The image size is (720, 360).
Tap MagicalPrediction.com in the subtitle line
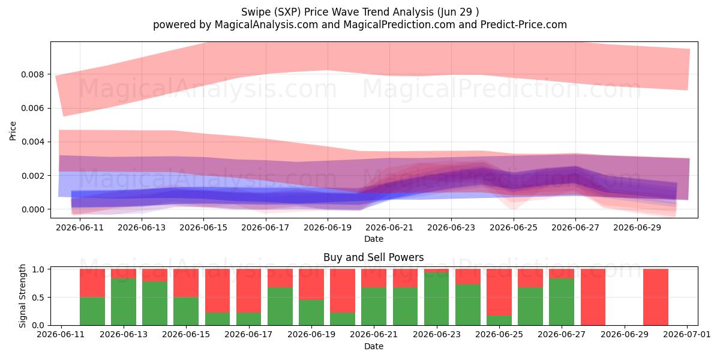pyautogui.click(x=399, y=25)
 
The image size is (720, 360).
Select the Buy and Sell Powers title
pyautogui.click(x=373, y=257)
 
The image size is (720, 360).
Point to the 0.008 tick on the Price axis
pyautogui.click(x=32, y=74)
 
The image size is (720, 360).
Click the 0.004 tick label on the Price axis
pyautogui.click(x=32, y=142)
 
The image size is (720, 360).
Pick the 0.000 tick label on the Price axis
pyautogui.click(x=32, y=209)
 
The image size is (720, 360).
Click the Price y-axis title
pyautogui.click(x=13, y=131)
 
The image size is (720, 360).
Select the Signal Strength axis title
pyautogui.click(x=22, y=296)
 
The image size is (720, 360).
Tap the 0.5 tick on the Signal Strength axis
pyautogui.click(x=38, y=298)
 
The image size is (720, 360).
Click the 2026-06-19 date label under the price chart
pyautogui.click(x=328, y=227)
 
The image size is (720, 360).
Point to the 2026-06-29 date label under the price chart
pyautogui.click(x=637, y=227)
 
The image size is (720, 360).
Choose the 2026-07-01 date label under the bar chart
pyautogui.click(x=687, y=334)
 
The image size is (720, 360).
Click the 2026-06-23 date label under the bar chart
pyautogui.click(x=437, y=334)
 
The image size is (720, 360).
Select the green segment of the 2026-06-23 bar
pyautogui.click(x=437, y=299)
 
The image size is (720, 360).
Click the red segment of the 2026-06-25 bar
pyautogui.click(x=499, y=292)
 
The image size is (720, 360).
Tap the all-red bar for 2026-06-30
pyautogui.click(x=656, y=297)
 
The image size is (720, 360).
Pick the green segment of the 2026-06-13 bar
pyautogui.click(x=124, y=302)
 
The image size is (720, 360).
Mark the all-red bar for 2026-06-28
pyautogui.click(x=593, y=297)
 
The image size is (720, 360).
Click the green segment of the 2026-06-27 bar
pyautogui.click(x=562, y=302)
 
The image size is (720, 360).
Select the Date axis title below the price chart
pyautogui.click(x=373, y=239)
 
